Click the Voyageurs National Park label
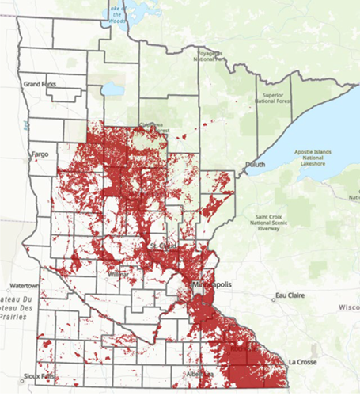[209, 57]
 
